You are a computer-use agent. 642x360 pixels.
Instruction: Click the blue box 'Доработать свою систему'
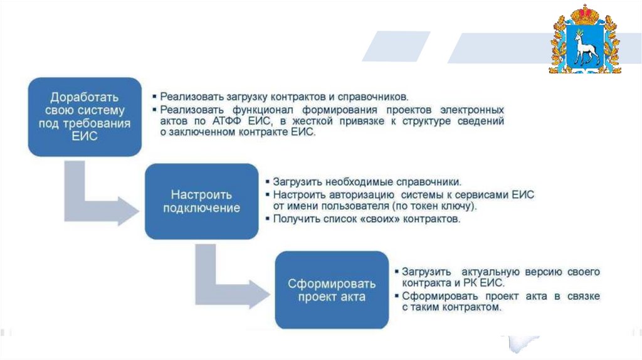pos(85,117)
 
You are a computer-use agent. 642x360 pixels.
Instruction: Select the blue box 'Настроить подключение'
pos(201,201)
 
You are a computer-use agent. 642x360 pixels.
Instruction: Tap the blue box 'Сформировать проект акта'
pos(332,290)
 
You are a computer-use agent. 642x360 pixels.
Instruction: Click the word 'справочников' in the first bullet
pos(372,97)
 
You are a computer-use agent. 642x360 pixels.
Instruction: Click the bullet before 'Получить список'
pos(268,219)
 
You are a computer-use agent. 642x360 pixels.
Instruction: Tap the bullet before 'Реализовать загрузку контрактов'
pos(154,97)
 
